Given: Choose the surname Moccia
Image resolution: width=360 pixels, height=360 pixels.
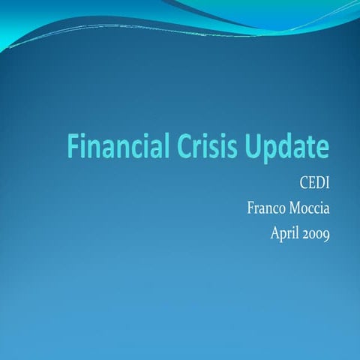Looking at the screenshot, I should (309, 207).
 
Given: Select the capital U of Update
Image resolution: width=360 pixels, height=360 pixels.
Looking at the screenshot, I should (256, 145).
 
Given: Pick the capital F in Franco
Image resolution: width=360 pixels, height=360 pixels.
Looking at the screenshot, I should (250, 207).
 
